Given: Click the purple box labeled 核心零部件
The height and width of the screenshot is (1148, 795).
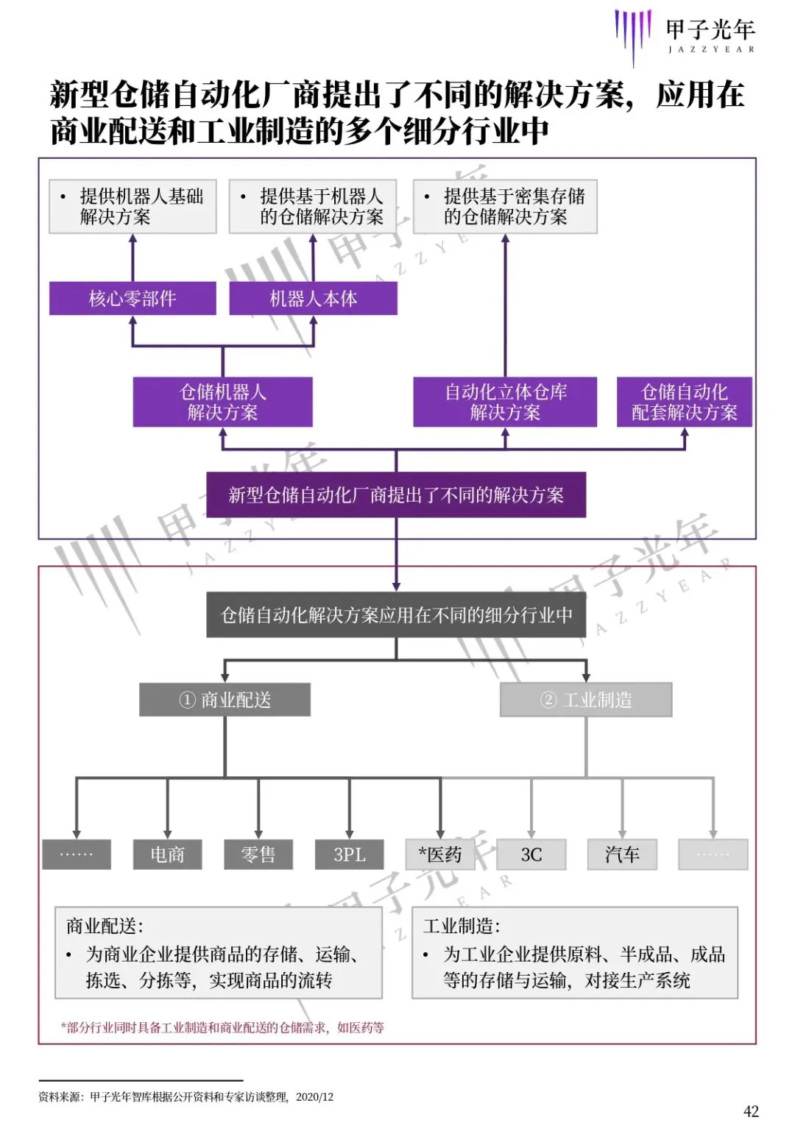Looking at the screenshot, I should (132, 298).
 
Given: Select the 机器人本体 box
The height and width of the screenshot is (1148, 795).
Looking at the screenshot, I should (313, 298).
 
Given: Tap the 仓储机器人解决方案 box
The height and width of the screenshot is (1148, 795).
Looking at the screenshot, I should (222, 402).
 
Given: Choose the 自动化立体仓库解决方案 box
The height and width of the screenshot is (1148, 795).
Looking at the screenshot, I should (505, 402).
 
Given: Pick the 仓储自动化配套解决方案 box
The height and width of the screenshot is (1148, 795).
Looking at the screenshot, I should (684, 402).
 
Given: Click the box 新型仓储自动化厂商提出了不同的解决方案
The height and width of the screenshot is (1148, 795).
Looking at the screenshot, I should (396, 495).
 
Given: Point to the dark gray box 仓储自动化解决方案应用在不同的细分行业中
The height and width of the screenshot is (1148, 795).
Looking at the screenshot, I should (396, 614).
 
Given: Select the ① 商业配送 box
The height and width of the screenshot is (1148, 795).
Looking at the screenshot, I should (225, 699).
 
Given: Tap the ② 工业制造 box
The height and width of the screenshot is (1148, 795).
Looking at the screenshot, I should (586, 699).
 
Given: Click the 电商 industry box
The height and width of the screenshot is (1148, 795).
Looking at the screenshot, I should (167, 854).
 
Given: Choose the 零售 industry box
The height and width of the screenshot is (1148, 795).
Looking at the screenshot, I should (258, 854).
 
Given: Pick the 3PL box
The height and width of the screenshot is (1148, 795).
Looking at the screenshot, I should (349, 854).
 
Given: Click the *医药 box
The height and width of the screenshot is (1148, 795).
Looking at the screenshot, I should (440, 854).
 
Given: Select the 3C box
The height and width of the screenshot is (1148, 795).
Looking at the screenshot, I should (531, 854).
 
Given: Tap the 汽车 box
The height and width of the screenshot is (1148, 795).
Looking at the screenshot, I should (622, 854).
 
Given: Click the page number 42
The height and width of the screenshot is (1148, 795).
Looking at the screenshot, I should (751, 1111).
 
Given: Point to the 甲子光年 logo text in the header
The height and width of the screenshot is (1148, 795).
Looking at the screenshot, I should (710, 31).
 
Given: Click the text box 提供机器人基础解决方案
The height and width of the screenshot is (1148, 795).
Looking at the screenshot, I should (132, 206).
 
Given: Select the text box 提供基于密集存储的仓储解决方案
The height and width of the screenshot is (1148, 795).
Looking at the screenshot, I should (505, 206).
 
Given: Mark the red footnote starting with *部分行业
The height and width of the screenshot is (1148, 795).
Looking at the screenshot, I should (222, 1027).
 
